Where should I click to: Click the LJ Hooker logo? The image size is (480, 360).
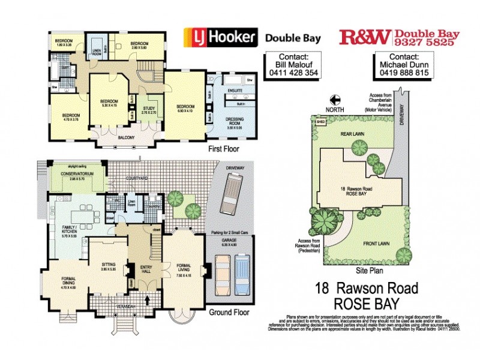click(x=220, y=38)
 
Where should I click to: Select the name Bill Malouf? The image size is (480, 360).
click(x=290, y=64)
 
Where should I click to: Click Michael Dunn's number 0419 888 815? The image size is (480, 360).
click(x=404, y=73)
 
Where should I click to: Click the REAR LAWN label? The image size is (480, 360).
click(x=353, y=134)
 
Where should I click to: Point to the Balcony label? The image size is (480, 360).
click(x=126, y=137)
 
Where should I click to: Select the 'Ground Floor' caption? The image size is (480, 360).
click(x=230, y=312)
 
